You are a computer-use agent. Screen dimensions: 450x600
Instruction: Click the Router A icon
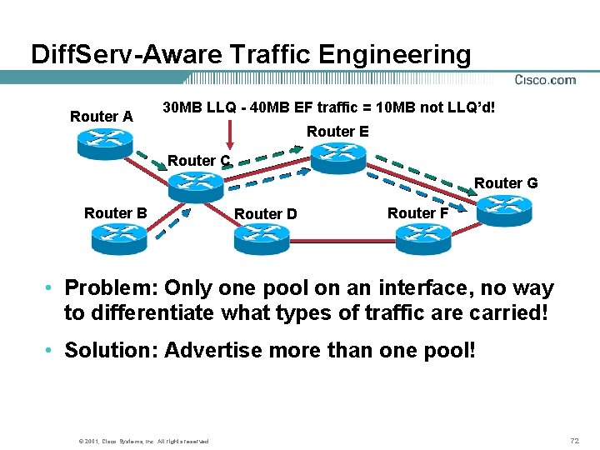click(105, 142)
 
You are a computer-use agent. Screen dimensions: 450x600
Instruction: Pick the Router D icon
click(262, 238)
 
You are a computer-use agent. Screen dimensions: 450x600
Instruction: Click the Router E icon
click(338, 156)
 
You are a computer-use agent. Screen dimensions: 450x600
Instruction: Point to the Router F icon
click(423, 238)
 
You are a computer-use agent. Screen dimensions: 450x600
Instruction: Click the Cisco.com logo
click(545, 80)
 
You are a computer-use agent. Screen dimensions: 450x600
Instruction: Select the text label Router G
click(506, 182)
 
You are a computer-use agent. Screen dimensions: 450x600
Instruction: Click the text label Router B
click(116, 212)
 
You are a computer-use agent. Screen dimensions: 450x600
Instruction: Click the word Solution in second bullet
click(109, 350)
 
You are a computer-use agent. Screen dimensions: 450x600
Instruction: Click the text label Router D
click(266, 214)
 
